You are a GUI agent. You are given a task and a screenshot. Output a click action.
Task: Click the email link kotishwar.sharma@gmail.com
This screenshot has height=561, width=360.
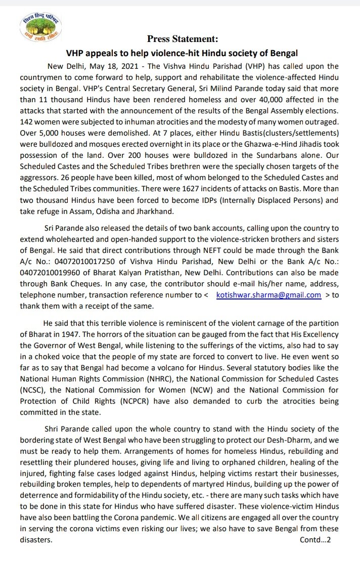coord(268,295)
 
